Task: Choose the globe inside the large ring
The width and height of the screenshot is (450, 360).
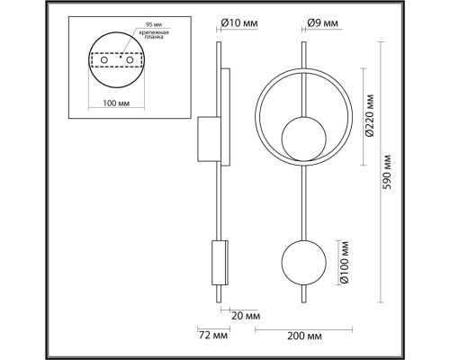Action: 300,137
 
